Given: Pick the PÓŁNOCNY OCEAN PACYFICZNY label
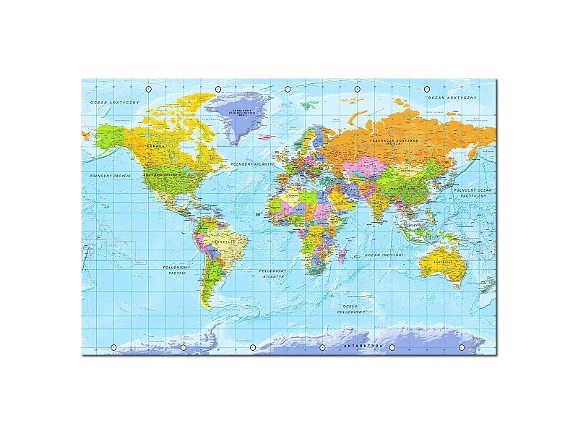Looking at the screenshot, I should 473,192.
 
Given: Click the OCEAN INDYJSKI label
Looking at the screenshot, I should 384,255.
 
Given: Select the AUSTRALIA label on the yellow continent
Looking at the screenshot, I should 443,262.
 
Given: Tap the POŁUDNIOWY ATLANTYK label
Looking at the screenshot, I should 273,273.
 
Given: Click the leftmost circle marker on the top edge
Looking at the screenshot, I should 149,88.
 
